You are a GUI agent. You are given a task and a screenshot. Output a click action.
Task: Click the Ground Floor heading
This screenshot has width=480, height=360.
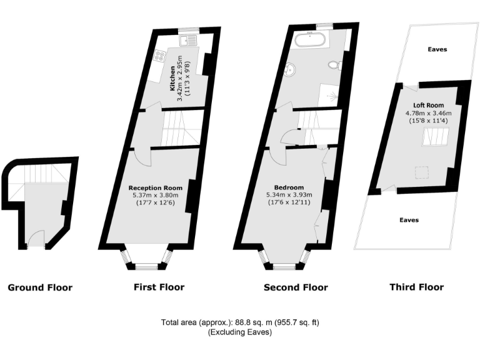tap(40, 288)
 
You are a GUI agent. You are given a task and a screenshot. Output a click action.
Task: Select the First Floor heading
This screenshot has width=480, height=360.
tap(159, 287)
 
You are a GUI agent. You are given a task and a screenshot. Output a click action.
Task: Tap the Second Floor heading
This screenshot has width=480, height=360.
tap(296, 288)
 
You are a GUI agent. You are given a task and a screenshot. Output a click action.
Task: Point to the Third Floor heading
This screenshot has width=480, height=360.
tap(416, 287)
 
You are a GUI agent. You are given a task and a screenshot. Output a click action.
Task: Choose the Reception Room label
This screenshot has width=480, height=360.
tap(155, 187)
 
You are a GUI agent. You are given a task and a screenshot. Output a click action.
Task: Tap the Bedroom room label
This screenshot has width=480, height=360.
tap(289, 187)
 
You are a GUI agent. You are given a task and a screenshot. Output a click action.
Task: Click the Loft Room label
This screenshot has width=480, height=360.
tap(428, 105)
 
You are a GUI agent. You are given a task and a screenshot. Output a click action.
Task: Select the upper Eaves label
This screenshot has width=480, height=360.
tap(437, 49)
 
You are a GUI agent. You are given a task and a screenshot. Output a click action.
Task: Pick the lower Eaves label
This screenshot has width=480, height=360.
tap(409, 220)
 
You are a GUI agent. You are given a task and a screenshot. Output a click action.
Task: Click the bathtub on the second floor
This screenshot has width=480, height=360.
tap(310, 42)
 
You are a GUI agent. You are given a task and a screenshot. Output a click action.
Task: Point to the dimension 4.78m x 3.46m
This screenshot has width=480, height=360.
tap(428, 113)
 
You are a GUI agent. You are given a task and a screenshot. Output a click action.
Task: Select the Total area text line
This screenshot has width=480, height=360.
tap(240, 322)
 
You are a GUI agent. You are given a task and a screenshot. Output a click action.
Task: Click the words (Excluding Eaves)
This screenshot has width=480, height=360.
tap(240, 332)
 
